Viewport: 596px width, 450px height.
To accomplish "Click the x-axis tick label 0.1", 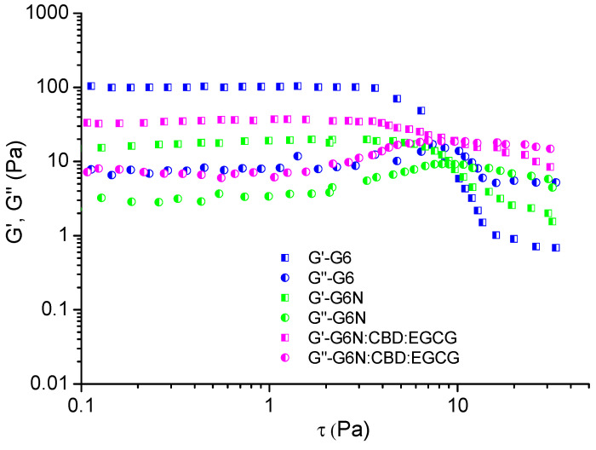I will coord(82,402).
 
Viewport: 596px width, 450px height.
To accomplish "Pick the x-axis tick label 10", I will coord(458,402).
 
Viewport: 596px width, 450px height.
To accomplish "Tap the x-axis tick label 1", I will coord(270,402).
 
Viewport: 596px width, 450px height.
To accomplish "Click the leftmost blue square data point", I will coord(90,86).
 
